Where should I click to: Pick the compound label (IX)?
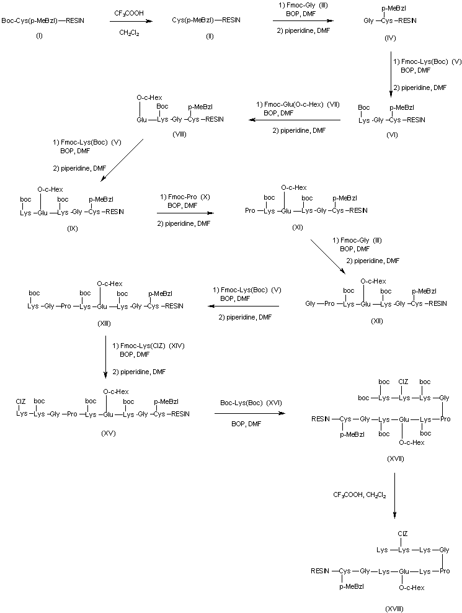point(69,228)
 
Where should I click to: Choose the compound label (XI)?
point(297,228)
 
